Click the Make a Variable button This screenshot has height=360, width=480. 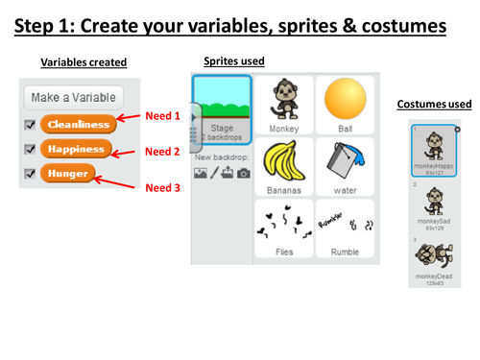pyautogui.click(x=74, y=98)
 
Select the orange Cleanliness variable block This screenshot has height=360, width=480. pyautogui.click(x=79, y=124)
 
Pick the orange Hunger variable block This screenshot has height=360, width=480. pyautogui.click(x=68, y=174)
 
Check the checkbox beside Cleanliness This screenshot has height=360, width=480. pyautogui.click(x=29, y=124)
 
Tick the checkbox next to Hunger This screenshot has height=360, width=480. pyautogui.click(x=29, y=174)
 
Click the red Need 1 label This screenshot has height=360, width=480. pyautogui.click(x=162, y=116)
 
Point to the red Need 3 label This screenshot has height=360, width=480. pyautogui.click(x=162, y=187)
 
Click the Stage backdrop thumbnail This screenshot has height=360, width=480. pyautogui.click(x=221, y=108)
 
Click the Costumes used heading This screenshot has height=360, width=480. pyautogui.click(x=433, y=103)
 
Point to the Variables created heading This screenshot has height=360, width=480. pyautogui.click(x=84, y=62)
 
